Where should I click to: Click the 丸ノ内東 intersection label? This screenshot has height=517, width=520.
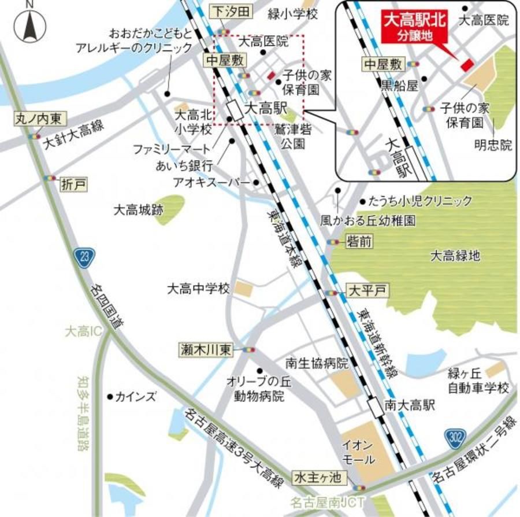click(39, 120)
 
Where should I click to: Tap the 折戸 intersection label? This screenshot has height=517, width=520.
click(73, 184)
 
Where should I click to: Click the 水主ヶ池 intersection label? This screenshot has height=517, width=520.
click(320, 478)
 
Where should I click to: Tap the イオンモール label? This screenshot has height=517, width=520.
click(358, 453)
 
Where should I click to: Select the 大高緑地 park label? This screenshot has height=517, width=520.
click(455, 255)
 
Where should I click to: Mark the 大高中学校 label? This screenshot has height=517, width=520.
click(198, 288)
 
